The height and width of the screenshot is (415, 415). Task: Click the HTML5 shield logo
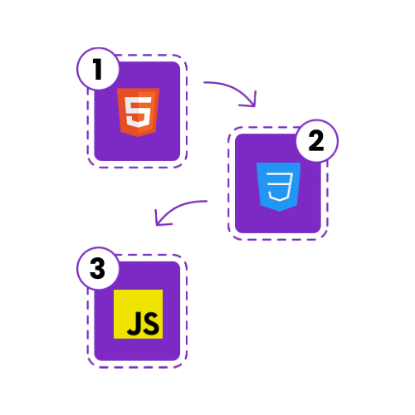[x=138, y=112]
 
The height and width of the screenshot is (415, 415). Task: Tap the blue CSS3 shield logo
[x=278, y=187]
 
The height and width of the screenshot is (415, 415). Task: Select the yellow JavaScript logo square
[x=138, y=314]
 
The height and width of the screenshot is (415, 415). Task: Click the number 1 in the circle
[x=97, y=69]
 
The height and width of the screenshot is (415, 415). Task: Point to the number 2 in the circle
[x=316, y=140]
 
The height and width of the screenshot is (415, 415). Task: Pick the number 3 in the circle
[x=97, y=268]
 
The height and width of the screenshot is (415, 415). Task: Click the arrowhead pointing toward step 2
[x=250, y=100]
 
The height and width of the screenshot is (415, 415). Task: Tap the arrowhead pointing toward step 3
[x=161, y=218]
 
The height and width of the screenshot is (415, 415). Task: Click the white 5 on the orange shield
[x=138, y=112]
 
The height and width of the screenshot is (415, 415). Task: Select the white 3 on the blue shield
[x=280, y=187]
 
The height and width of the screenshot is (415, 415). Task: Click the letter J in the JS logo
[x=134, y=323]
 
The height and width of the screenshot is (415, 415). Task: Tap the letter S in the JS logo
[x=151, y=323]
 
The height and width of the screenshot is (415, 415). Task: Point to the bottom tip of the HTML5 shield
[x=138, y=137]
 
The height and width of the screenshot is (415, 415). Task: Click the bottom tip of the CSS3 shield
[x=279, y=212]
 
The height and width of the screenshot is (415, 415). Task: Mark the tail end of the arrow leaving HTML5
[x=204, y=82]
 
